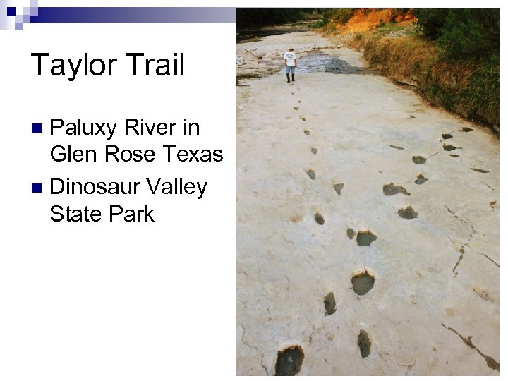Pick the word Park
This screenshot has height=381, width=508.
(131, 214)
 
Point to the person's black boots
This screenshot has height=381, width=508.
(290, 78)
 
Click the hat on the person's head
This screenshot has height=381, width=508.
(290, 50)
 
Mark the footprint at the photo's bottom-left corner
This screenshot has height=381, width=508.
(289, 360)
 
